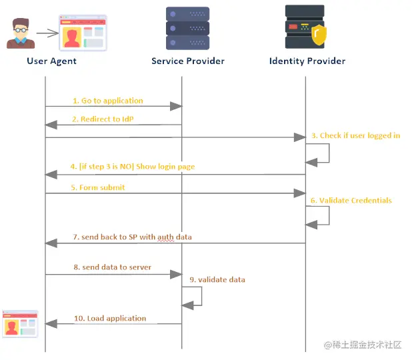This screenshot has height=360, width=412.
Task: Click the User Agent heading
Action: (51, 61)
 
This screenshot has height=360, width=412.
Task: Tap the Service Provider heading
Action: (187, 61)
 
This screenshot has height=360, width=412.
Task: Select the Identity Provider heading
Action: (307, 61)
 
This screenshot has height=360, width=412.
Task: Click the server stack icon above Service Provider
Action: (187, 28)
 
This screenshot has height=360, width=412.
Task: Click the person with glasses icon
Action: (20, 33)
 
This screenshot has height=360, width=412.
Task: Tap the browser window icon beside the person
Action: (83, 31)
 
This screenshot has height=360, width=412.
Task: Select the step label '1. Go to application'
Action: (107, 101)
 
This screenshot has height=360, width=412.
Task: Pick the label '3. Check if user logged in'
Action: (355, 135)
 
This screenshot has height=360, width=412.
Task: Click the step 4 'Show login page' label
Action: (132, 166)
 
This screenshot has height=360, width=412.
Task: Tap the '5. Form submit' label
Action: (98, 187)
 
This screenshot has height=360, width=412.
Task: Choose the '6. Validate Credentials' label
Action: (351, 200)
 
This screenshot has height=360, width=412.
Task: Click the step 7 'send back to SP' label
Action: (132, 237)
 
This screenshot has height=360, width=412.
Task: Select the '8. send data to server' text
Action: (112, 267)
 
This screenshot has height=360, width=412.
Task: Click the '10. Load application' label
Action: (109, 318)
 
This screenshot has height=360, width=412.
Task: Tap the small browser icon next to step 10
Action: (19, 323)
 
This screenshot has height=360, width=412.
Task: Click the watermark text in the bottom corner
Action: (363, 345)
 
